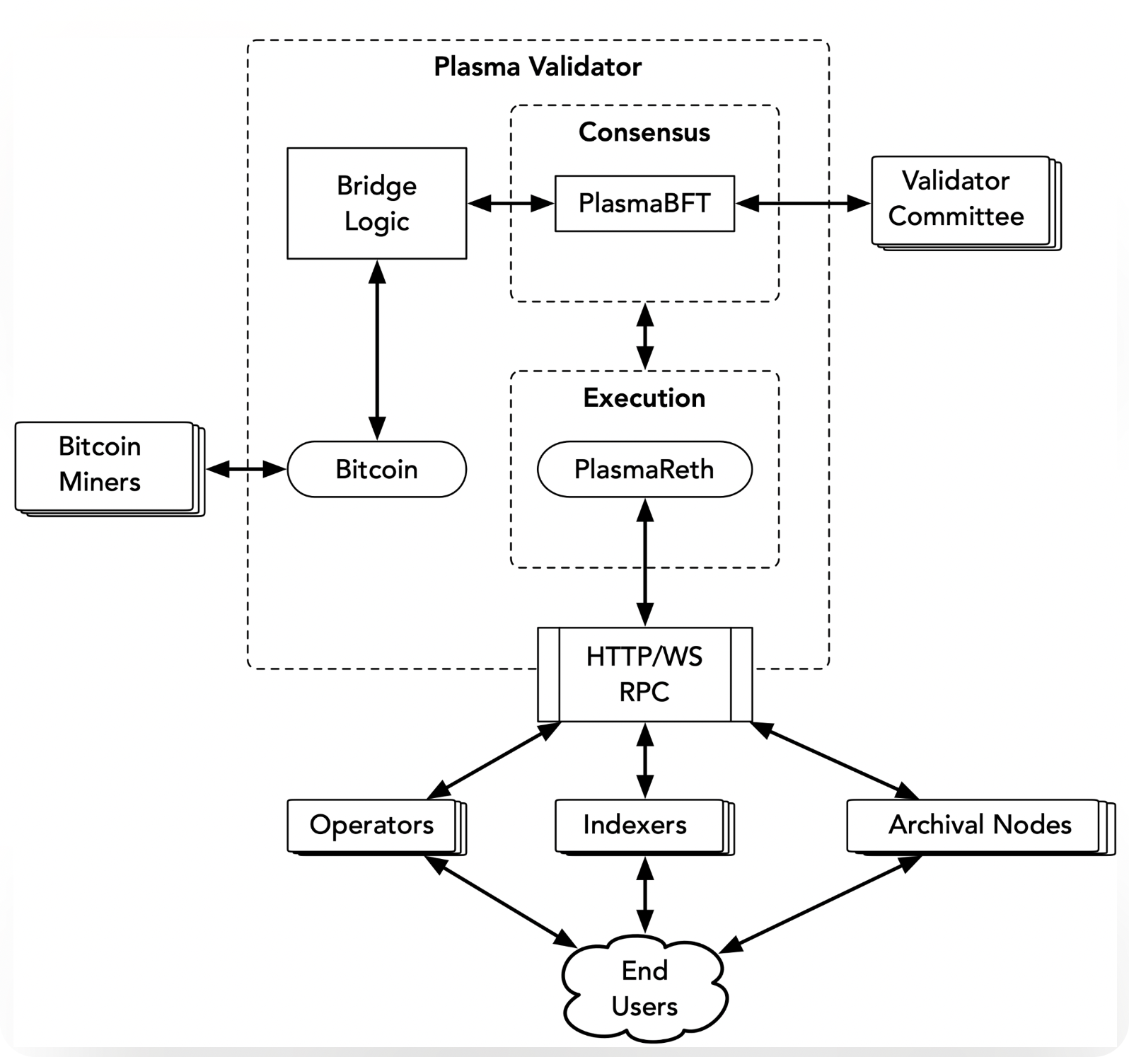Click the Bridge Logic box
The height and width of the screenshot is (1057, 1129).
376,203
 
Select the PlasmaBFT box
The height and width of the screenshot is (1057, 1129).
644,203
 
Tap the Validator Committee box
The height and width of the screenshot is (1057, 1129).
966,203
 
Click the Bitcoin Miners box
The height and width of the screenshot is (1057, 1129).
110,469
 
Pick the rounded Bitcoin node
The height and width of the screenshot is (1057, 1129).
376,469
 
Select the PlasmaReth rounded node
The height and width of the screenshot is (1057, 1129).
644,469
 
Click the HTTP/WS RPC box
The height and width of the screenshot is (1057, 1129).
644,674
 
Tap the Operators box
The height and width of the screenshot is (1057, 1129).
376,827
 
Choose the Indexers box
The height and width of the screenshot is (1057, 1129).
644,827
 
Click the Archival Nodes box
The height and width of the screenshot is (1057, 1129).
980,827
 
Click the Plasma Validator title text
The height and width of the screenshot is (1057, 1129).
538,67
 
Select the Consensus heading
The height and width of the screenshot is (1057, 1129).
644,132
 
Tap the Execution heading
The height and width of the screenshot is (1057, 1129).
644,398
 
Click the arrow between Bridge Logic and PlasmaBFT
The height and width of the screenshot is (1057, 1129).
511,204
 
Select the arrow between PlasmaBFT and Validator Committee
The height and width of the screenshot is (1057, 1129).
803,204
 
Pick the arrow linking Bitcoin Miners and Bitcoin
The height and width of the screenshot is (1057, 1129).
246,468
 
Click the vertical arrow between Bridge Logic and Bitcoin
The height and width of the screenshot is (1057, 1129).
377,350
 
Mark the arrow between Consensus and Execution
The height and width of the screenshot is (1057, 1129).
645,336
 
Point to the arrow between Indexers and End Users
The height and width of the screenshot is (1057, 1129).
645,895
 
